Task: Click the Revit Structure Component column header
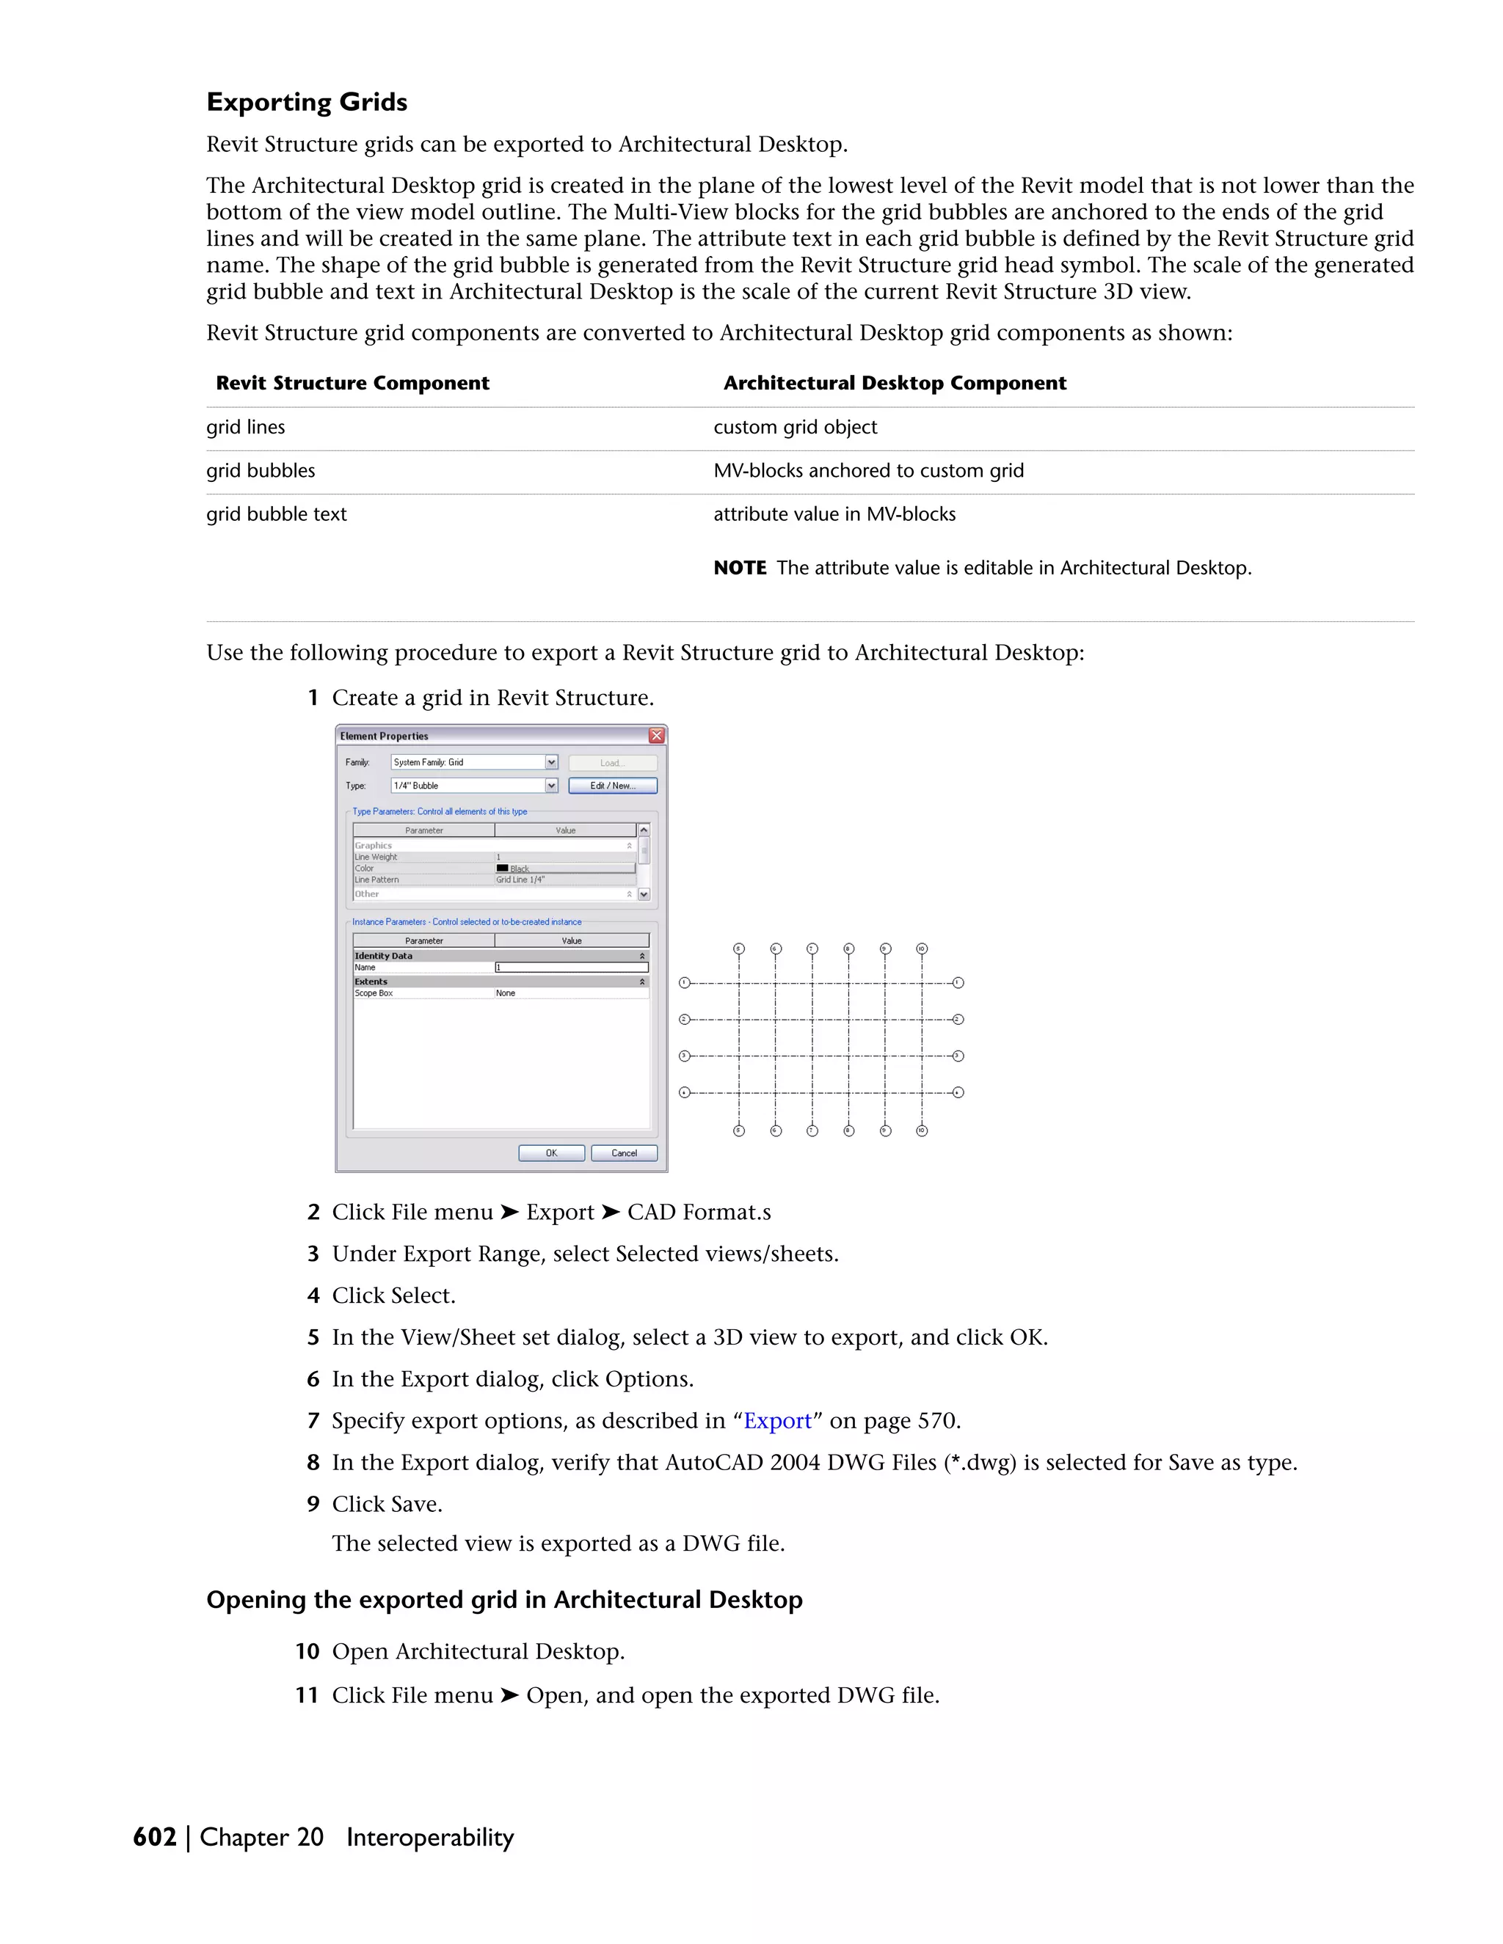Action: tap(352, 383)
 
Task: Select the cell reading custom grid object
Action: tap(794, 427)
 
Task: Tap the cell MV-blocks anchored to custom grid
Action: tap(868, 471)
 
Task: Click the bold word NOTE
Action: tap(739, 568)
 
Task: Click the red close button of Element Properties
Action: tap(656, 735)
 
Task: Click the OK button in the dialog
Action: tap(551, 1152)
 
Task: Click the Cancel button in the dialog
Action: tap(623, 1152)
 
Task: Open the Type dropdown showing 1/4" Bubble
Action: tap(551, 785)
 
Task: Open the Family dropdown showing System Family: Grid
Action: tap(551, 762)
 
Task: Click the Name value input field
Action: tap(572, 968)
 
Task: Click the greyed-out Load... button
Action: tap(612, 763)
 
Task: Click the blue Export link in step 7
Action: tap(777, 1421)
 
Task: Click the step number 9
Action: tap(313, 1505)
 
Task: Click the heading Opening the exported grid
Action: tap(504, 1599)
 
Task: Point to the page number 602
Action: tap(154, 1837)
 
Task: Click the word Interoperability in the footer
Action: tap(430, 1837)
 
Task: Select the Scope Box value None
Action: tap(506, 993)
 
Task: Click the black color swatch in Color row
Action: tap(502, 868)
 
